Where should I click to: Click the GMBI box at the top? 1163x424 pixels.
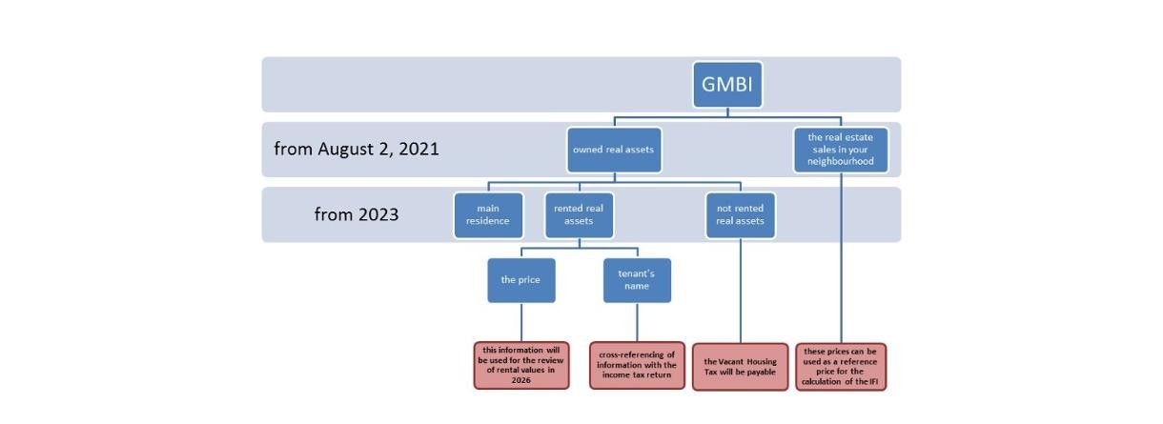point(727,85)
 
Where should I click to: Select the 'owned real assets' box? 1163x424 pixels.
point(614,150)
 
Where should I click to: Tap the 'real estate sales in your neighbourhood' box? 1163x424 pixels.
point(841,150)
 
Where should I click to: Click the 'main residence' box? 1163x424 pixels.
point(488,215)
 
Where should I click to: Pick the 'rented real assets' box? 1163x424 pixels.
point(579,215)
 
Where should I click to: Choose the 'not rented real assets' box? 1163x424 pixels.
point(741,215)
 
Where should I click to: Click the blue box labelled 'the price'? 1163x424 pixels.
point(521,280)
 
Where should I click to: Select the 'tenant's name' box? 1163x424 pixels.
point(637,280)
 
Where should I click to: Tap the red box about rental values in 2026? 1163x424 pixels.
point(521,367)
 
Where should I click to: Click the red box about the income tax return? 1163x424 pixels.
point(637,367)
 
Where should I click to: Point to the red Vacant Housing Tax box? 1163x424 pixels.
point(741,367)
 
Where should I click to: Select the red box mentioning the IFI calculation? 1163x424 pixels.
point(841,367)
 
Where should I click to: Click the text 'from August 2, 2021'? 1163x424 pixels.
point(357,149)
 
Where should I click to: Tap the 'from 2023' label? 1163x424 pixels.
point(357,214)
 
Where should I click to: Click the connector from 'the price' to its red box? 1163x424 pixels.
point(521,323)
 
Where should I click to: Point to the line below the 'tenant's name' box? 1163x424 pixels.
point(637,323)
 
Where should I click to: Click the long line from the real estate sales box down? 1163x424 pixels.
point(841,257)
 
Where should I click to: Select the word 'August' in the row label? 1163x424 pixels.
point(349,149)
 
